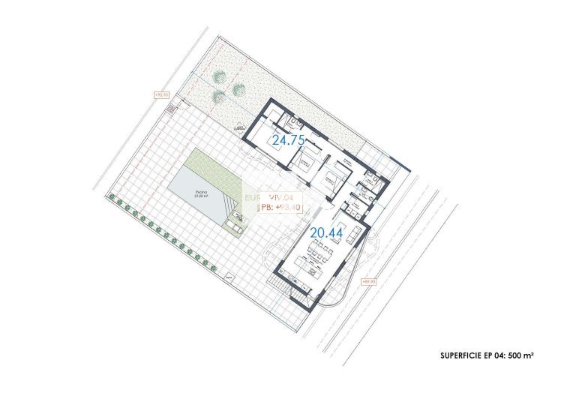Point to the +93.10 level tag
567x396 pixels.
click(161, 94)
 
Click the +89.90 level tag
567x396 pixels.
click(369, 282)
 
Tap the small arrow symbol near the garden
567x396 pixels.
click(241, 129)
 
